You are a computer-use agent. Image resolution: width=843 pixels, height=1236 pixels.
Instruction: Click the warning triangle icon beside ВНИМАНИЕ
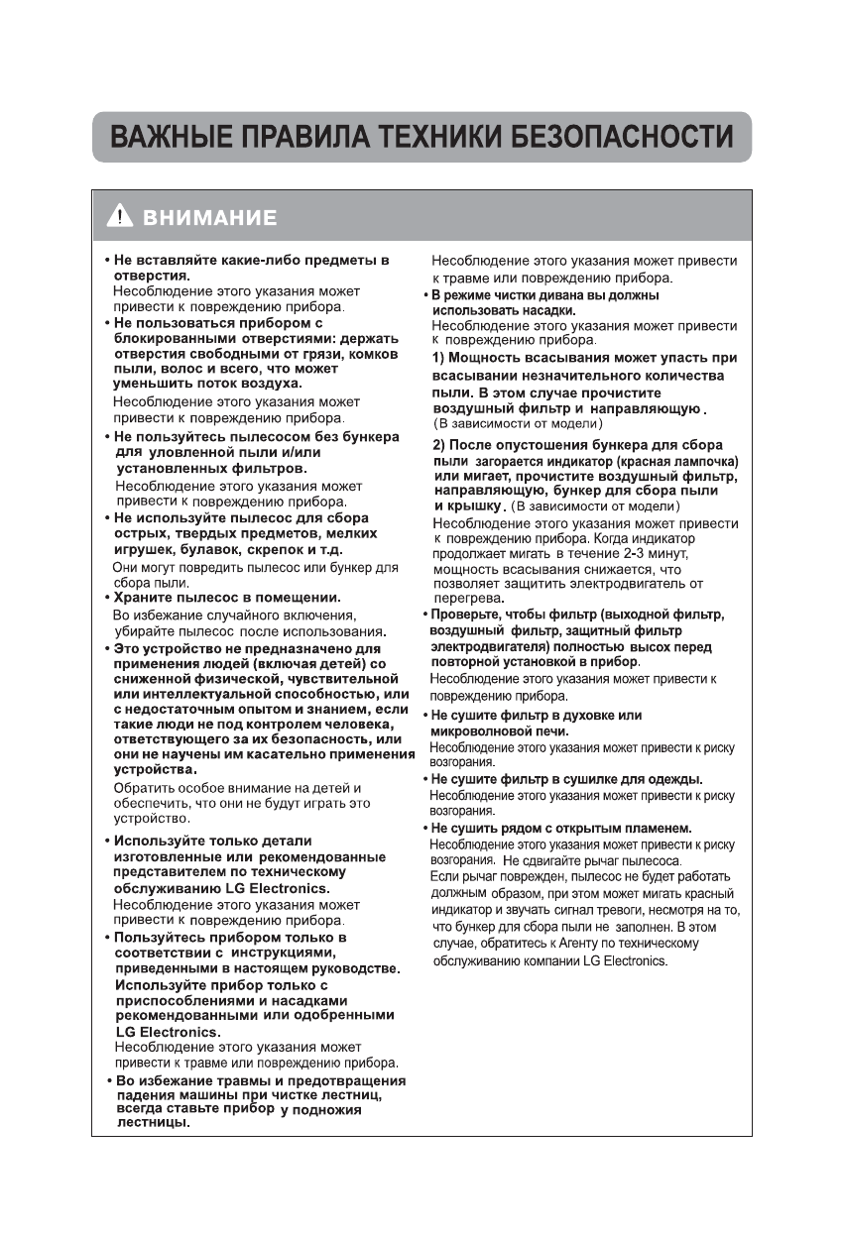121,217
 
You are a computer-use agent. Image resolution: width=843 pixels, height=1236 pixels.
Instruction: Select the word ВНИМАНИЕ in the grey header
210,218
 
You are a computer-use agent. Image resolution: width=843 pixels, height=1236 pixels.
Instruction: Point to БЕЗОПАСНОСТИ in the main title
623,136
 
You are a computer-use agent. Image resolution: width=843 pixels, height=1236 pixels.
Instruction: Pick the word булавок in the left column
209,548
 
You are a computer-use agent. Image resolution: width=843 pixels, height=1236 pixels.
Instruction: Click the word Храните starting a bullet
149,598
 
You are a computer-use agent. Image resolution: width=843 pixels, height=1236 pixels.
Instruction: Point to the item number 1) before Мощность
441,357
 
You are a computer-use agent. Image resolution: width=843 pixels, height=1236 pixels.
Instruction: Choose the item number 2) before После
442,446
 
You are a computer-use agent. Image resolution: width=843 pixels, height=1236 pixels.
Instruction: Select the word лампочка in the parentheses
703,463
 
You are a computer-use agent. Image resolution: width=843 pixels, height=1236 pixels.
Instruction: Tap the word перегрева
467,599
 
